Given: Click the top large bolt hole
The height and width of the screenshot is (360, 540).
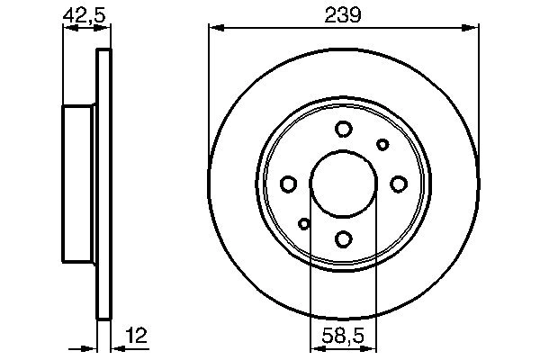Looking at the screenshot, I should point(343,129).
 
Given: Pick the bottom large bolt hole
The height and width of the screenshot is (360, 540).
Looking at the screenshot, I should point(343,238).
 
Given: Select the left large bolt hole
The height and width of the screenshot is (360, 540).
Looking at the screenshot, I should point(288,184).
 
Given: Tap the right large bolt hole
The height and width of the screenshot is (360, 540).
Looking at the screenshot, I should point(398,184).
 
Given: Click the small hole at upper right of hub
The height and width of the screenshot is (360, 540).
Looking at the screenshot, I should point(382,144).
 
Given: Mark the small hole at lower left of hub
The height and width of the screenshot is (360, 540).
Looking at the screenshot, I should point(303,223).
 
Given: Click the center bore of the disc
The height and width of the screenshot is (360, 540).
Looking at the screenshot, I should point(343,184).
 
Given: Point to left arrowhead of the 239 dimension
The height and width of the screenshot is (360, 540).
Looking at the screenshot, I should point(214,28).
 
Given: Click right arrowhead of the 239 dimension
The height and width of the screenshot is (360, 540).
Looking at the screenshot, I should point(472,28).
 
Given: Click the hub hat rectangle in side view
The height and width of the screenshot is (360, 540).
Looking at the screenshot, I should point(78,184).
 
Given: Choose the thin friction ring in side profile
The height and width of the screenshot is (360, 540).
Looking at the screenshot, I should point(103,184).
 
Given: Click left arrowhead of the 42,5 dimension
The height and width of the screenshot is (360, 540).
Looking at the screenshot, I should point(66,28).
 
